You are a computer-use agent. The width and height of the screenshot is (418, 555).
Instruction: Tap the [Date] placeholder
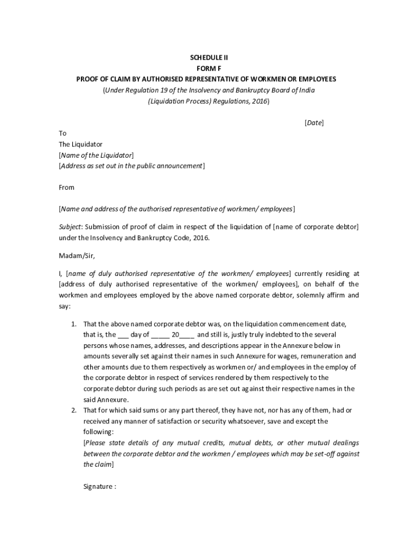314,123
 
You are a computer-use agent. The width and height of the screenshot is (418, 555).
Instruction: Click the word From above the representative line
66,188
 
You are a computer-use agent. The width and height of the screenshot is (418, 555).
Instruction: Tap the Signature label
99,486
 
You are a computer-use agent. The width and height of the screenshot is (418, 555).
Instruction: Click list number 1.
73,324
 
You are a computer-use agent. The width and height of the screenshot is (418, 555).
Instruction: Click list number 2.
73,410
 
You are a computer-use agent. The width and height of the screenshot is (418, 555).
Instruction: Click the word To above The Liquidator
62,133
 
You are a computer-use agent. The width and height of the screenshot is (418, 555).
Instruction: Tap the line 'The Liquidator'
80,144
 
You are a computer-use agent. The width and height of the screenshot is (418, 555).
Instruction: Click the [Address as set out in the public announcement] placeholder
131,166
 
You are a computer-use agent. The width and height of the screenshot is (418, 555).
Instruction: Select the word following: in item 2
98,432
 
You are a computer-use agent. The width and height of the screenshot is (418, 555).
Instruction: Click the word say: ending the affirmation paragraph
64,306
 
